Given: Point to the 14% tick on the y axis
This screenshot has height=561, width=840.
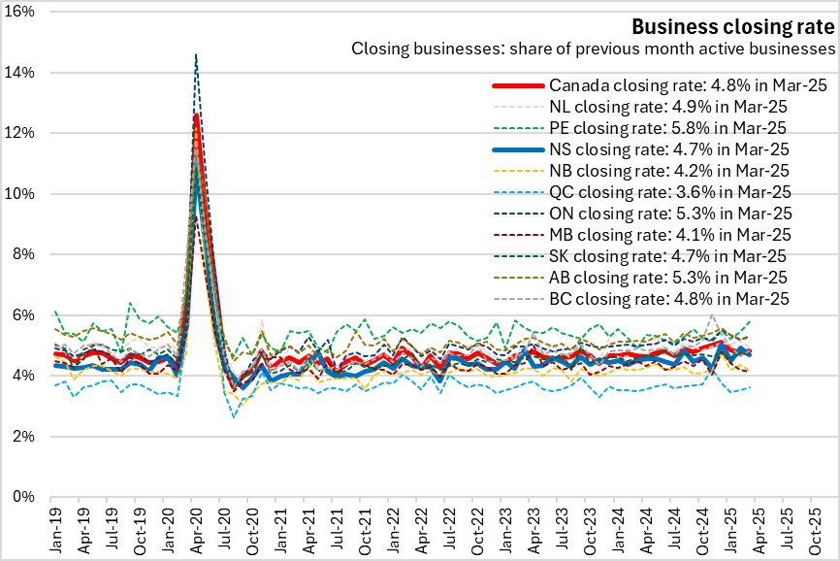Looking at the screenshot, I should (x=20, y=73).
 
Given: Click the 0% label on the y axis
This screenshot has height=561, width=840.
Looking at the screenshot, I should (x=24, y=497).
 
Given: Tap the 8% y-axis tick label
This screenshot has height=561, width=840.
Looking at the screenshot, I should (x=24, y=254).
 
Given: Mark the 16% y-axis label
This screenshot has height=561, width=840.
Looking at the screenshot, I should (x=20, y=12).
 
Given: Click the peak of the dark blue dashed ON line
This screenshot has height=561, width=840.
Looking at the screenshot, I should (x=196, y=55).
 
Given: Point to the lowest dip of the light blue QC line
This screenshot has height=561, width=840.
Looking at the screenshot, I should (x=234, y=417).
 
